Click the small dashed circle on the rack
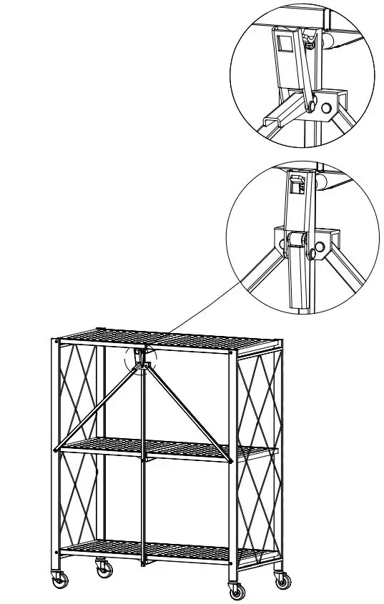coord(140,360)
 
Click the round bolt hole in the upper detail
coord(327,108)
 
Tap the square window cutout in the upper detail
coord(285,44)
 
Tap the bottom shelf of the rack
coord(150,550)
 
